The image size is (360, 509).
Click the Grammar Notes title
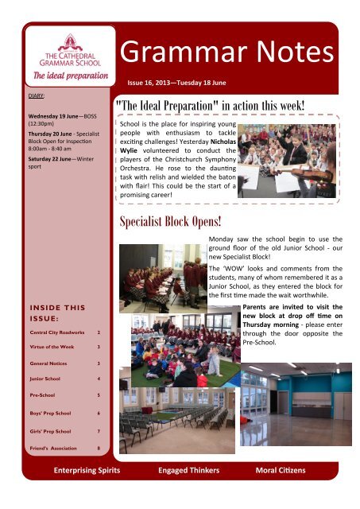click(x=226, y=52)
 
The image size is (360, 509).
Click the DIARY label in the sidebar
click(x=27, y=94)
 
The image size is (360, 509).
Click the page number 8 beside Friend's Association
click(x=98, y=448)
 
